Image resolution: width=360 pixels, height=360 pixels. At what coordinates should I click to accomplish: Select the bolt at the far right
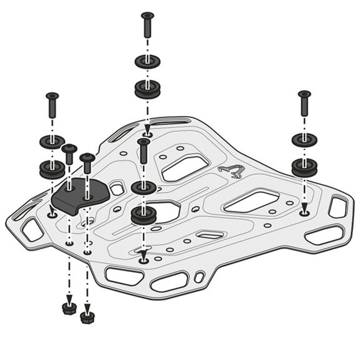pos(304,102)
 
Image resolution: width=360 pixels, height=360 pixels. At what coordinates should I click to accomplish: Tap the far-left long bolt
pos(52,104)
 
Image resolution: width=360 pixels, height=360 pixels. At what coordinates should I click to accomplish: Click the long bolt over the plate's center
pos(144,151)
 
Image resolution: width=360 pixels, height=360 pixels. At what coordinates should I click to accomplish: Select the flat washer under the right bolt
pos(305,139)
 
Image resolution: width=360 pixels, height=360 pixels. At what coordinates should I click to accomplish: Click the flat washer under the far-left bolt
pos(52,142)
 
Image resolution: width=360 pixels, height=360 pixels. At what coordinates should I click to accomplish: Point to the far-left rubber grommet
pos(52,169)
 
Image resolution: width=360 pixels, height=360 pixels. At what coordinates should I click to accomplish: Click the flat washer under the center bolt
pos(144,188)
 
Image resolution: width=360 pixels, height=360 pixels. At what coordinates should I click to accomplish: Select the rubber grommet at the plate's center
pos(144,216)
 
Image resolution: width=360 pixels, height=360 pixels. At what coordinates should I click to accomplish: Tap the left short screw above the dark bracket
pos(69,154)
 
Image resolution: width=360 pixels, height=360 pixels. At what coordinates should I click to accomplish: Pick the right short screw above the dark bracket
pos(87,163)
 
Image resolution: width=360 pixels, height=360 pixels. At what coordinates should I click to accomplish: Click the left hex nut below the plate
pos(69,308)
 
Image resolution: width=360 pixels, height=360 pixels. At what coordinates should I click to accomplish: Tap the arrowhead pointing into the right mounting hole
pos(305,207)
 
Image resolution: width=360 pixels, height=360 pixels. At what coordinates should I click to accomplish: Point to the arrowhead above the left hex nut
pos(69,297)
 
